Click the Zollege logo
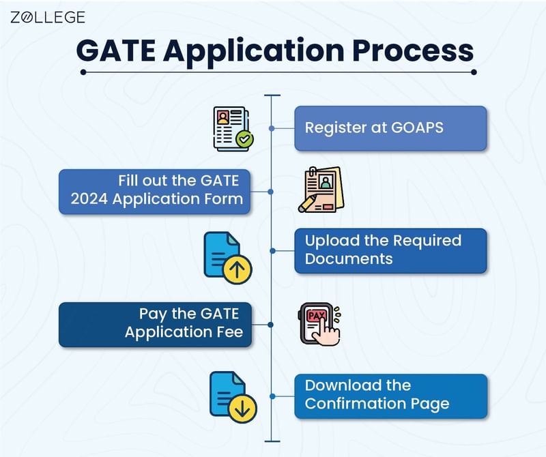click(48, 17)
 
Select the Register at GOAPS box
click(390, 128)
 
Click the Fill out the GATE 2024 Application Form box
click(154, 191)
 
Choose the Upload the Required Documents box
click(390, 250)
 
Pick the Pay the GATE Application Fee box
click(154, 324)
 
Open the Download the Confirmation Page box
click(390, 396)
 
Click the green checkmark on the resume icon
click(244, 140)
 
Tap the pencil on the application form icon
click(308, 203)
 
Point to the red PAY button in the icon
click(316, 316)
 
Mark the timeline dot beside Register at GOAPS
click(272, 128)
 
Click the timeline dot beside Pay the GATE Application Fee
click(272, 324)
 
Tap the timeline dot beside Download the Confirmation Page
click(272, 396)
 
